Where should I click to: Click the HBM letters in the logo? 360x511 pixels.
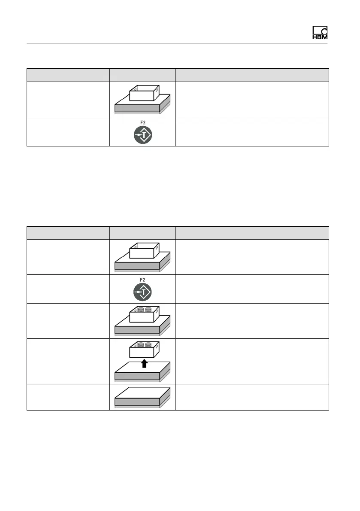click(320, 37)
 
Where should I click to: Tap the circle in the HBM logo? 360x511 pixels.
click(324, 30)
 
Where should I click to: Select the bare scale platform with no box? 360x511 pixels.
click(142, 397)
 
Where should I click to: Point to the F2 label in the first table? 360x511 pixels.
click(142, 122)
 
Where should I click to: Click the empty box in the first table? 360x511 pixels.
click(144, 93)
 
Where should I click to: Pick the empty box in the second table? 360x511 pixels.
click(144, 251)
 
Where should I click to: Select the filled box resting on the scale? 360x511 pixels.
click(144, 315)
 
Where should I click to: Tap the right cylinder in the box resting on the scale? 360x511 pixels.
click(148, 309)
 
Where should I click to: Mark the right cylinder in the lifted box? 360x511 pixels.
click(148, 344)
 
